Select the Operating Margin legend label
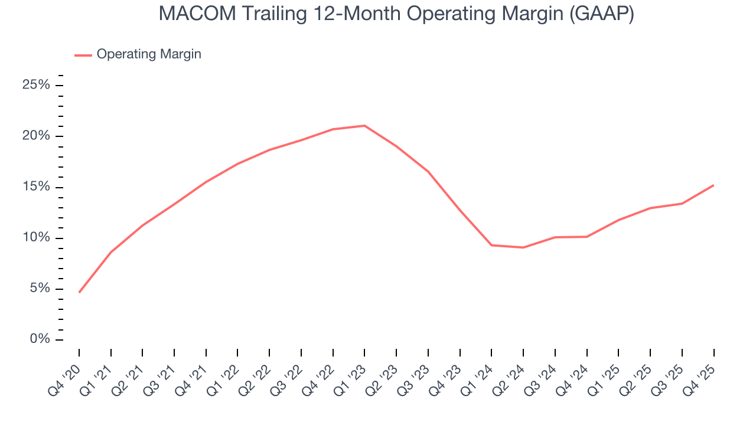[149, 54]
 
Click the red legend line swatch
[83, 55]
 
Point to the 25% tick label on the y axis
[36, 85]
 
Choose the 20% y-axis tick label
[36, 136]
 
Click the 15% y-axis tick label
[36, 187]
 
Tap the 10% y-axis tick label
[36, 238]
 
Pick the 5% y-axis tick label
[39, 289]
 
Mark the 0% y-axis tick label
[39, 339]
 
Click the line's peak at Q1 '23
[364, 126]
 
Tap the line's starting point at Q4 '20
[79, 292]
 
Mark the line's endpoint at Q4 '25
[713, 185]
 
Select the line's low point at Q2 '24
[523, 247]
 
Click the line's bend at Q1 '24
[491, 245]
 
